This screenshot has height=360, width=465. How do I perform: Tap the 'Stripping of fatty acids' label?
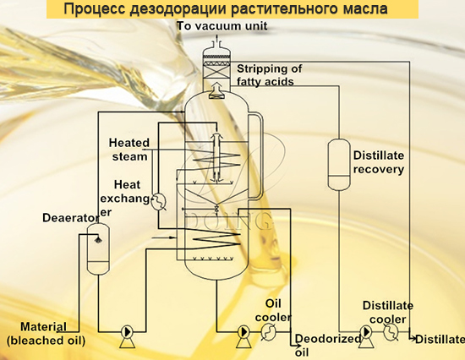270,74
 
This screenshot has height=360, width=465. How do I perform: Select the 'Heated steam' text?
129,150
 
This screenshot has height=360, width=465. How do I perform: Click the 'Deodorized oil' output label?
315,344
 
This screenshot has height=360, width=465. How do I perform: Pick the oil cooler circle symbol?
268,333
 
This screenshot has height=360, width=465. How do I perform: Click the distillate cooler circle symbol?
391,332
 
